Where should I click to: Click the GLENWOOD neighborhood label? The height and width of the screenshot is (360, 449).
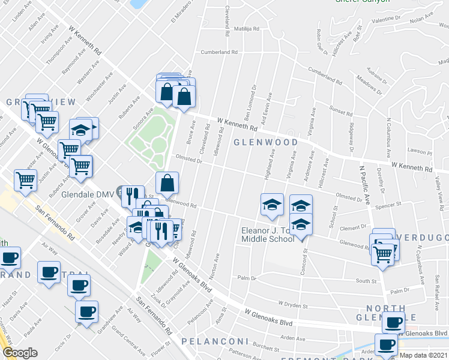pyautogui.click(x=265, y=142)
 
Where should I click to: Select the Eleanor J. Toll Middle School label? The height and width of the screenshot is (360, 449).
pyautogui.click(x=268, y=235)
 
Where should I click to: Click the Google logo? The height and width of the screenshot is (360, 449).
pyautogui.click(x=20, y=352)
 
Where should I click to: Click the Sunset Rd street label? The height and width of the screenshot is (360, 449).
pyautogui.click(x=340, y=111)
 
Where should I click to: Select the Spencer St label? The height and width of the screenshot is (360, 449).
pyautogui.click(x=388, y=205)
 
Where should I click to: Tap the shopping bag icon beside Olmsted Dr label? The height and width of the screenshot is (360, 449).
pyautogui.click(x=167, y=182)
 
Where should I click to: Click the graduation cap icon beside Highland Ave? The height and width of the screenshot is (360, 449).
pyautogui.click(x=272, y=205)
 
